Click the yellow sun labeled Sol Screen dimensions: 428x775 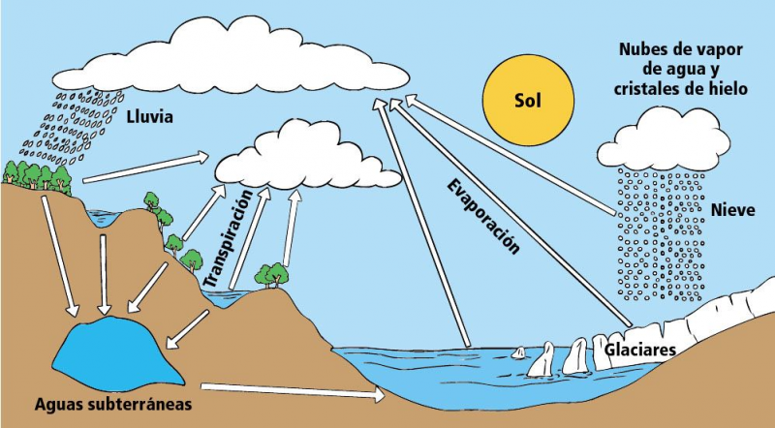tap(529, 100)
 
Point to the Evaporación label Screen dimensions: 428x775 tap(483, 216)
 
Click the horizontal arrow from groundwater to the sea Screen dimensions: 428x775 tap(291, 391)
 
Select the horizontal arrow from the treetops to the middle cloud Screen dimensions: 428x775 tap(145, 167)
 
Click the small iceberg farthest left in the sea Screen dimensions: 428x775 tap(519, 353)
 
